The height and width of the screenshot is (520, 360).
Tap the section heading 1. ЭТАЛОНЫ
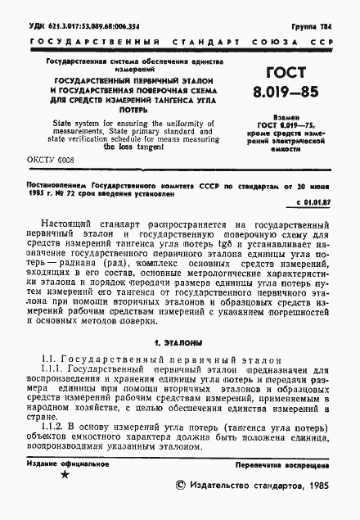[179, 341]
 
